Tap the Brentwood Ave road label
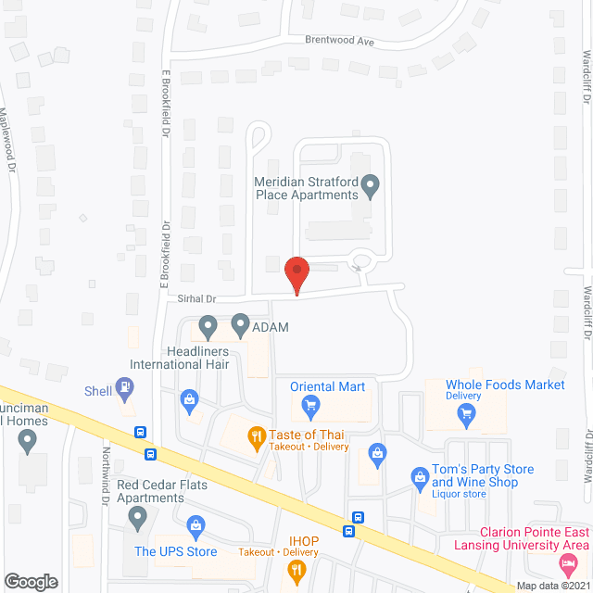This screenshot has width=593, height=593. coord(340,41)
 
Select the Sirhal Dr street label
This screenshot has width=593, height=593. coord(197,299)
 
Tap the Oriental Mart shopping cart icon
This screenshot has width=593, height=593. coord(311,403)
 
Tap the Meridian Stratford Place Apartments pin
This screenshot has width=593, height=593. coord(371,187)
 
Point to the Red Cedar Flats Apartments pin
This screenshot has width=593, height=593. coord(139,521)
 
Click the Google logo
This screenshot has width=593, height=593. coord(31,581)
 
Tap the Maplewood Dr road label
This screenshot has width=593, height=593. coord(8,140)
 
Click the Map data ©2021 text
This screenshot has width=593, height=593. coord(552,585)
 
